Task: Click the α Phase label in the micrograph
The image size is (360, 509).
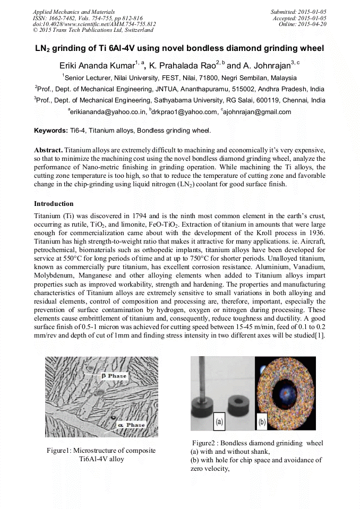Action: tap(131, 425)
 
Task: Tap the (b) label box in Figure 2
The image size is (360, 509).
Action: tap(262, 422)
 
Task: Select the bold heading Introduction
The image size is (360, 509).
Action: tap(54, 204)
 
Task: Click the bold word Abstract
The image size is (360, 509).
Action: tap(48, 150)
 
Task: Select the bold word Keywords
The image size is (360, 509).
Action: tap(50, 130)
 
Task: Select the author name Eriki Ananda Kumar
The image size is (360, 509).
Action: tap(96, 66)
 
